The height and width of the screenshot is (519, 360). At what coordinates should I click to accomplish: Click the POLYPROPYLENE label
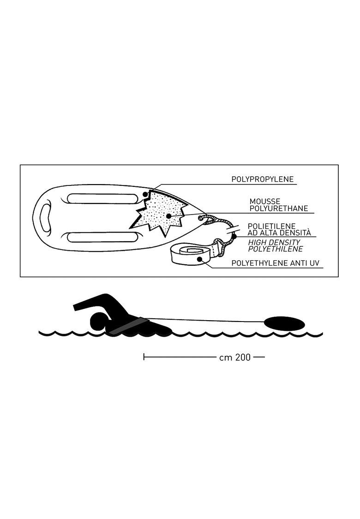click(262, 179)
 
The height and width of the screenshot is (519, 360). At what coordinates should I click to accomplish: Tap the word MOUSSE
click(264, 201)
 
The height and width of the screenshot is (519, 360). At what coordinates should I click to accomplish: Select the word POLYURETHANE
click(278, 208)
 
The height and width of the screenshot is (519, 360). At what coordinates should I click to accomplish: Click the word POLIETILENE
click(271, 227)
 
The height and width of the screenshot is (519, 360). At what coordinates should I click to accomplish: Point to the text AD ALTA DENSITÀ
click(279, 233)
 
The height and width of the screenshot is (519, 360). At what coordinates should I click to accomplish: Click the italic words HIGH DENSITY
click(274, 242)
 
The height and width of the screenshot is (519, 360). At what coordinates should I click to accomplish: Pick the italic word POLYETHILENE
click(276, 249)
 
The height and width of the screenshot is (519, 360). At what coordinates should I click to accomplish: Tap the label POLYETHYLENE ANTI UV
click(275, 263)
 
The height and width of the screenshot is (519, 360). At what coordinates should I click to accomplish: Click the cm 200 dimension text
click(235, 358)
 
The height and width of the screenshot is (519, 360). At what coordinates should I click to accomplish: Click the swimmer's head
click(98, 321)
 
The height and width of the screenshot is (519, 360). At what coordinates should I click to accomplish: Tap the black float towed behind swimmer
click(284, 323)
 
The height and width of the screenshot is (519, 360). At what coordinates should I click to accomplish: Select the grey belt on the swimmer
click(128, 326)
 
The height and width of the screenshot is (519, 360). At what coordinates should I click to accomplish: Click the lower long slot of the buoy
click(102, 237)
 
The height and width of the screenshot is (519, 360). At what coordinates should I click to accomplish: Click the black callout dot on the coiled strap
click(199, 259)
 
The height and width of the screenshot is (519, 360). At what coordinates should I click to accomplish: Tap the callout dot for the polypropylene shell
click(145, 194)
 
